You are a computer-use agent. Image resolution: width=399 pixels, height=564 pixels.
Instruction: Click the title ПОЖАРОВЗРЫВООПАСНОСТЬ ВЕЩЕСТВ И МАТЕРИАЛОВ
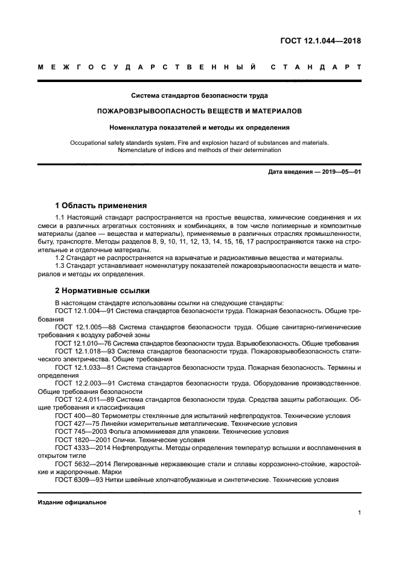(x=199, y=111)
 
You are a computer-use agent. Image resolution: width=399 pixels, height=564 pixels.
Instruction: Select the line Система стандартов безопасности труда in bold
(x=199, y=95)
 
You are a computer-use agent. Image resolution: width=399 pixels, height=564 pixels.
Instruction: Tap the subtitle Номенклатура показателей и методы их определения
(x=199, y=127)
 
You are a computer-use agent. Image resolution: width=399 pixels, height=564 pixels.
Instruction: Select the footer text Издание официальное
(x=72, y=502)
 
